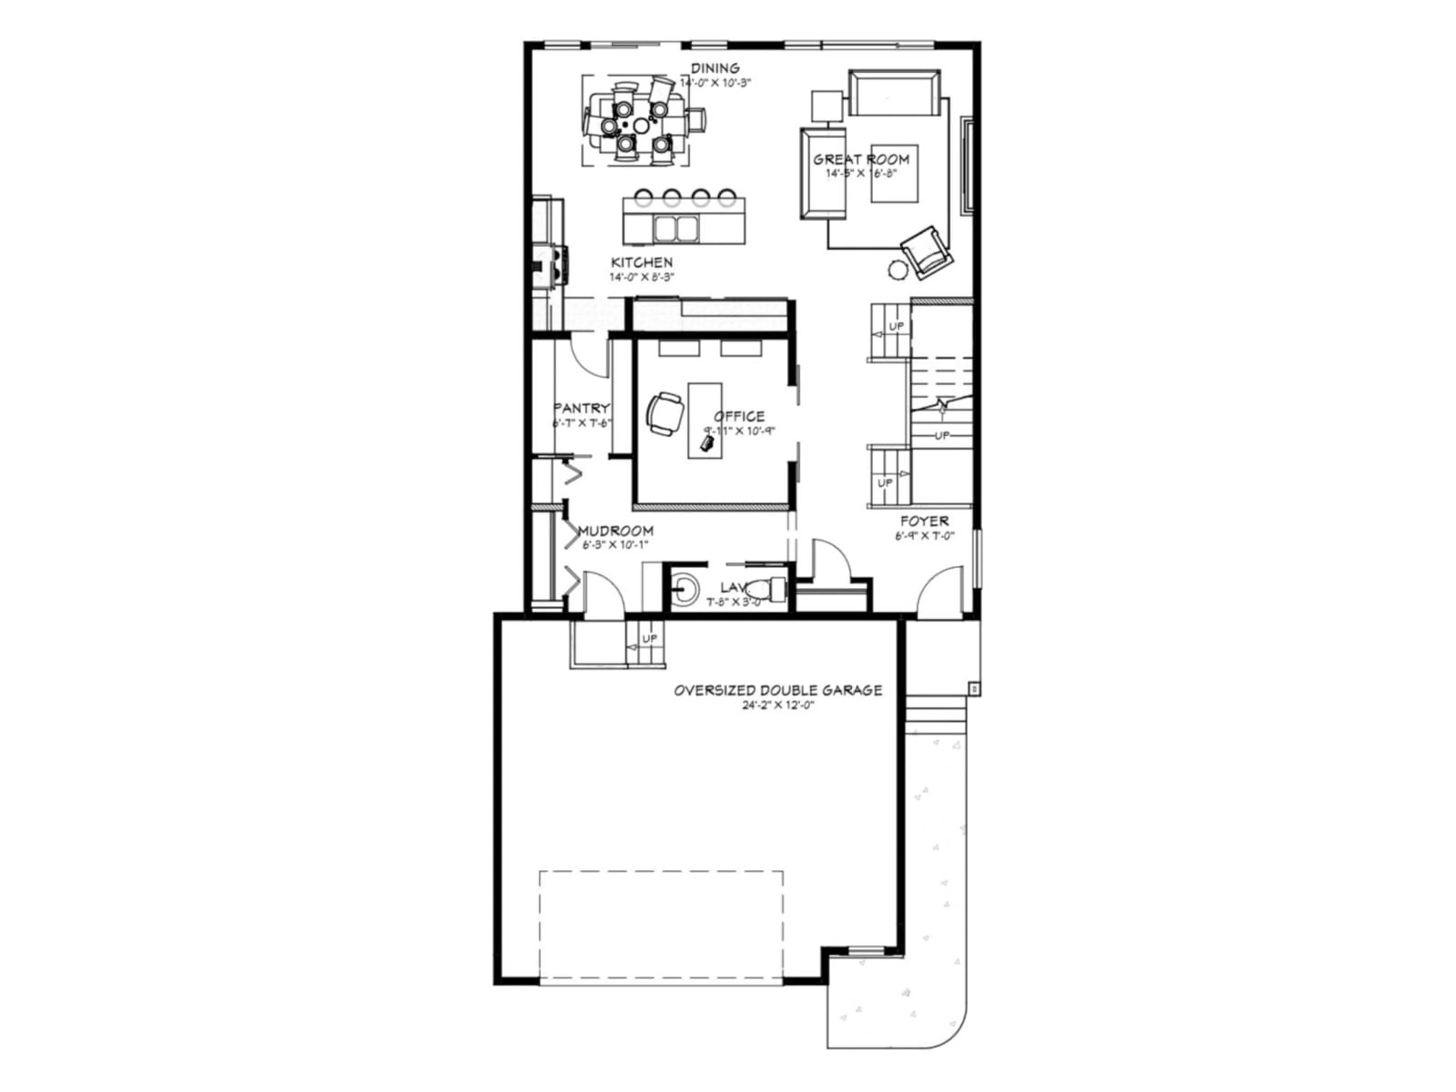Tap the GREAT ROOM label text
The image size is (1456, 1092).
point(861,159)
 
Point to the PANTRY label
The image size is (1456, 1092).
point(582,408)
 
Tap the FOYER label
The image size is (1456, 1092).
point(925,521)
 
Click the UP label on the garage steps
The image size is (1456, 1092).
point(649,639)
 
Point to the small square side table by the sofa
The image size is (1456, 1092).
point(827,106)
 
